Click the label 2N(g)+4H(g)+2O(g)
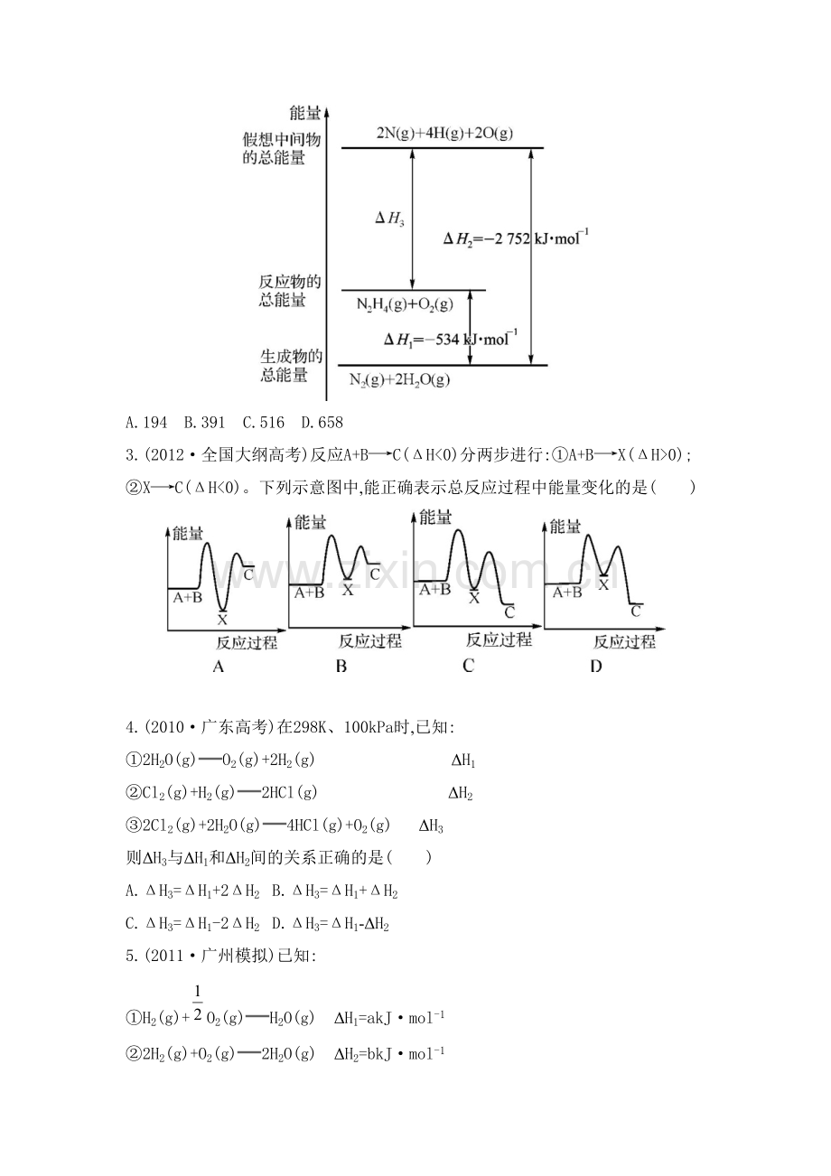click(x=444, y=134)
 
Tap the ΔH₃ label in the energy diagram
click(x=389, y=219)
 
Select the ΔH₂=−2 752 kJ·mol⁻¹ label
click(x=516, y=238)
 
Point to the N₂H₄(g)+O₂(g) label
click(x=405, y=304)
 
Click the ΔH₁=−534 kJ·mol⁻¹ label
click(x=451, y=339)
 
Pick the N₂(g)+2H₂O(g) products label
click(x=399, y=379)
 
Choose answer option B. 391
click(x=204, y=423)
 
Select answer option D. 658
click(x=322, y=423)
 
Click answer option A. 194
click(x=146, y=423)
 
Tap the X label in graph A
click(x=222, y=620)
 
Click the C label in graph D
click(x=636, y=611)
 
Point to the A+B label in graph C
click(x=434, y=590)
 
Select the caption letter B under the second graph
click(x=341, y=667)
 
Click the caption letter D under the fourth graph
click(x=596, y=667)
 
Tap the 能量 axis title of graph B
click(x=310, y=522)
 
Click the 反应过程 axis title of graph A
click(x=247, y=642)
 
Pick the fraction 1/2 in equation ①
click(x=198, y=1003)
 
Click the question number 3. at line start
click(x=132, y=455)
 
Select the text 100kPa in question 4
click(x=368, y=728)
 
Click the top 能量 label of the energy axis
click(x=304, y=112)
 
